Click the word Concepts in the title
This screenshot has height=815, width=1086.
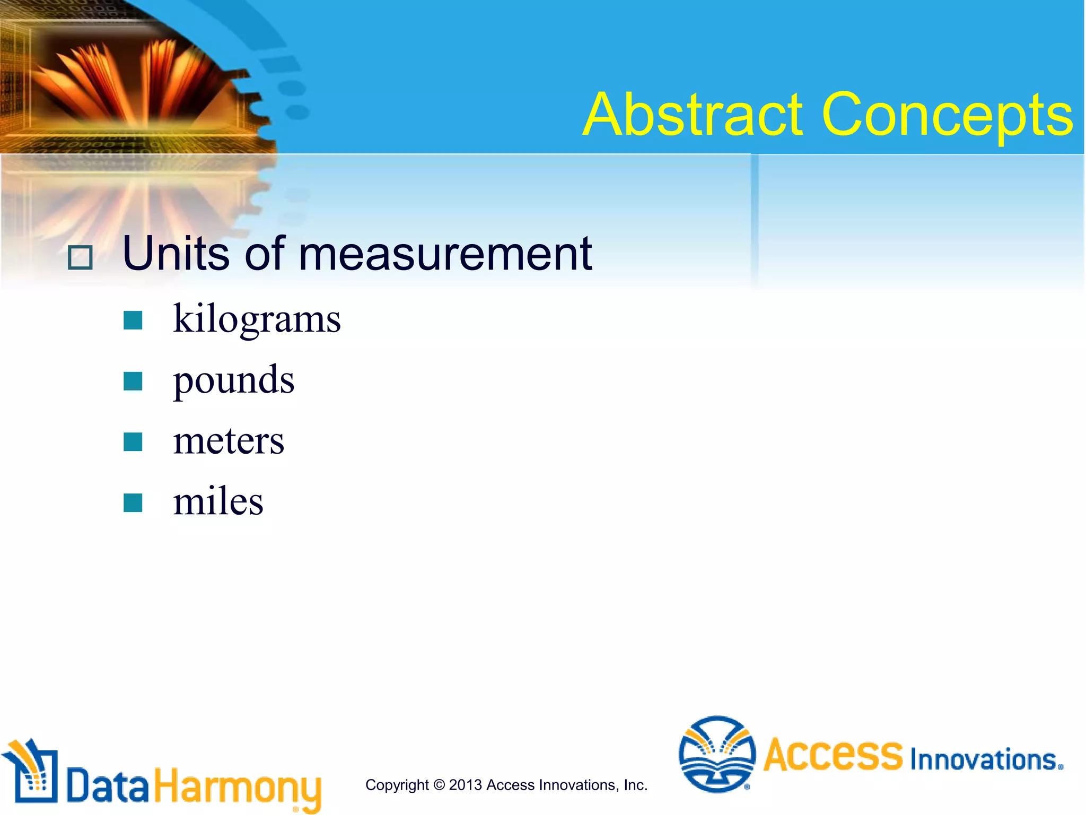947,115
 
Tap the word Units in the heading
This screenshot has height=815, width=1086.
175,254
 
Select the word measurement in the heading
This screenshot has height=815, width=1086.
445,255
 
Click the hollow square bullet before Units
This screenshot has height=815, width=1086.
81,258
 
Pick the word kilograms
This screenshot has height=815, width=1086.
257,319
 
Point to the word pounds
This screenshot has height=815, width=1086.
233,380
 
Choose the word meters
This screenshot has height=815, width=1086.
229,440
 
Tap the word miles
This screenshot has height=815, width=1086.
218,501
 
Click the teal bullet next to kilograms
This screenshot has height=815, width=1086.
133,320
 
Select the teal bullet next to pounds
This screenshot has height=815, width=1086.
133,381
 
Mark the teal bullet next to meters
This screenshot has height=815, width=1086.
133,441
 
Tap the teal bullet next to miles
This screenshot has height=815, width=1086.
133,502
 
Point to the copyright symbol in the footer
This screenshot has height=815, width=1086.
439,785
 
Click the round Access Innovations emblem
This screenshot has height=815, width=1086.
717,754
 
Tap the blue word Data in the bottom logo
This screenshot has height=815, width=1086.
108,786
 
